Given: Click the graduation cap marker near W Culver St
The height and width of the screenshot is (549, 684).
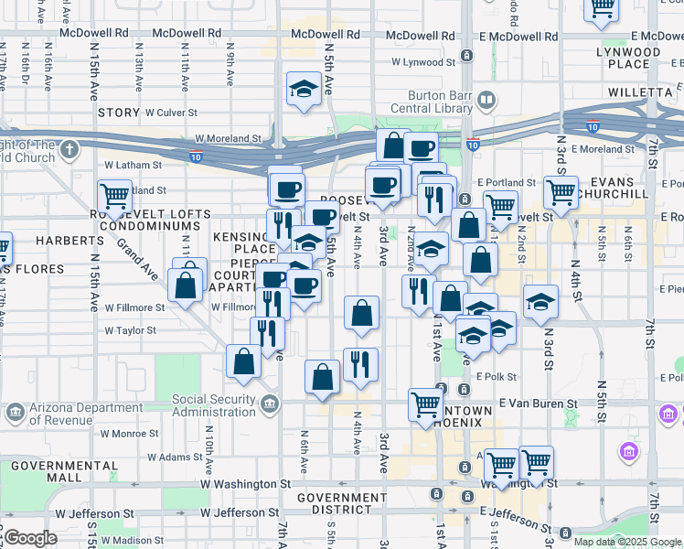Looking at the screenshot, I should point(303,90).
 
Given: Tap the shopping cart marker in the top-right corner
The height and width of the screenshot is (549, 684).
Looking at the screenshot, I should point(602,7).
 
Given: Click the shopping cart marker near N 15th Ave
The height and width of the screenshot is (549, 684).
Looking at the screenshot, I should point(114,196).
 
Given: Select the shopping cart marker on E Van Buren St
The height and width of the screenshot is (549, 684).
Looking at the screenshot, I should point(425,404).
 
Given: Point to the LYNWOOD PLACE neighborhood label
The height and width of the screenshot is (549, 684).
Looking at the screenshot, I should point(628,58).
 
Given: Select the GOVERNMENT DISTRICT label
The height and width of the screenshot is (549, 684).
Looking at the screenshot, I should point(341,504).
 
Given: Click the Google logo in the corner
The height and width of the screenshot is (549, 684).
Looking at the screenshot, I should point(31,538).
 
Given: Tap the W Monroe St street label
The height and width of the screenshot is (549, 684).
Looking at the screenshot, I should point(131,434).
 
